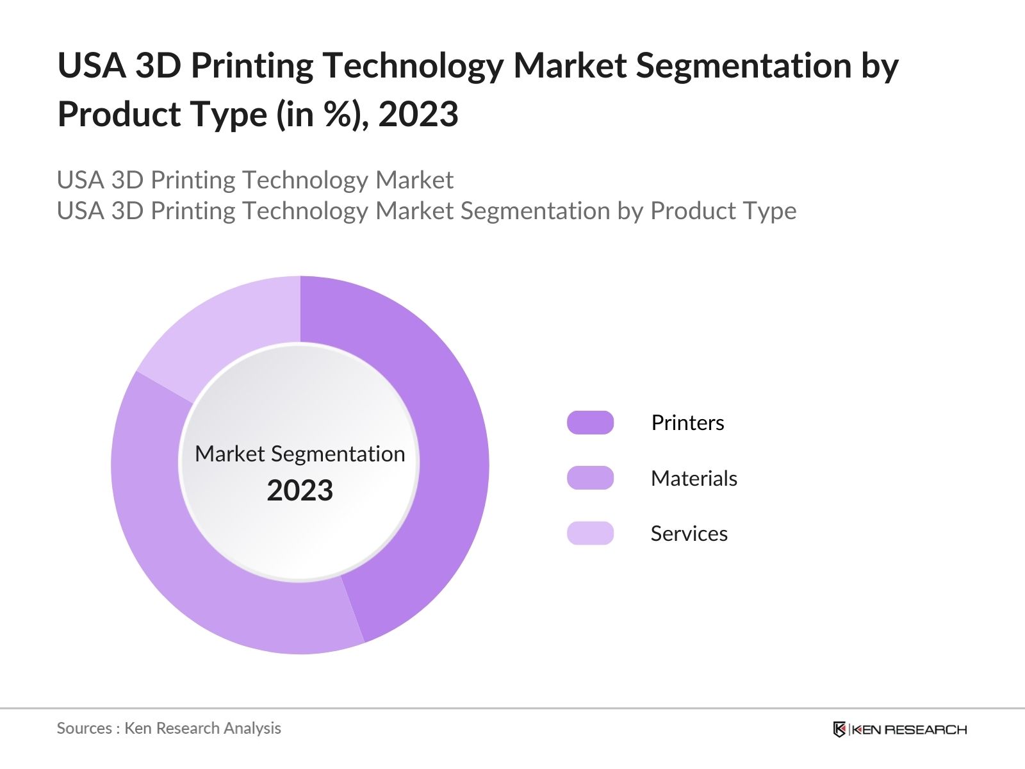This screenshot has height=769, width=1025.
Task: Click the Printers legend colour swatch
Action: coord(590,423)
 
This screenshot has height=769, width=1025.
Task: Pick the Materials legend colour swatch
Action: coord(590,478)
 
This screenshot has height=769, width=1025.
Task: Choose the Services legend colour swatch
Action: coord(590,533)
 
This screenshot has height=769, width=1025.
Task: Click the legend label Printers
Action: coord(687,423)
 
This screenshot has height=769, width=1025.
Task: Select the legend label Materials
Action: coord(694,478)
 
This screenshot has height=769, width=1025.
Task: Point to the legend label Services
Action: coord(689,534)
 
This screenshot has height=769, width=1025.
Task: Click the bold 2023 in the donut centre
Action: coord(300,491)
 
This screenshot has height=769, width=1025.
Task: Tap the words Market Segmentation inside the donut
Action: coord(300,454)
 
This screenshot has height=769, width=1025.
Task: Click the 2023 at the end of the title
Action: coord(418,115)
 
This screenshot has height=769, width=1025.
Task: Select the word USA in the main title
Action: coord(92,65)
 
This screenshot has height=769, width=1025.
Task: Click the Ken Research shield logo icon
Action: coord(839,729)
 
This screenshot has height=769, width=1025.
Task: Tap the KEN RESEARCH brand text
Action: coord(909,729)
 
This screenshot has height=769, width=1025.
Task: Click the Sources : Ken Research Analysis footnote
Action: coord(168,728)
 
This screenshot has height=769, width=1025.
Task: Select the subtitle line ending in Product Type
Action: coord(426,211)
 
